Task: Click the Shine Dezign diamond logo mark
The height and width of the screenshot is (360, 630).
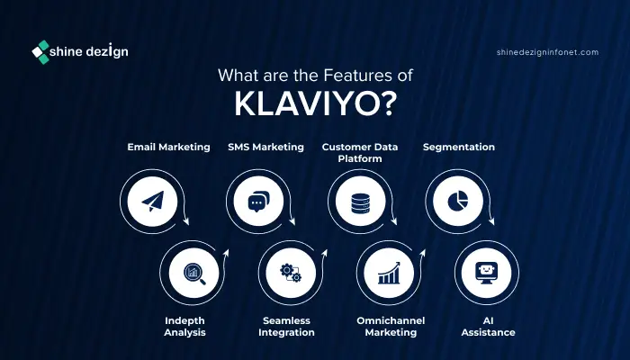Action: pyautogui.click(x=40, y=52)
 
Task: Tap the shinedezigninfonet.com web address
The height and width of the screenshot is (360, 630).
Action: pyautogui.click(x=547, y=52)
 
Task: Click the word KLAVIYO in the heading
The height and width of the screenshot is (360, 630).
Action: pyautogui.click(x=306, y=104)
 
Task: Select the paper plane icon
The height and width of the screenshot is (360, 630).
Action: pyautogui.click(x=153, y=201)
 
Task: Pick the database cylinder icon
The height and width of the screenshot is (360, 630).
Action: pyautogui.click(x=360, y=203)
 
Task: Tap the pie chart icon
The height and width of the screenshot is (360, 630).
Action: pyautogui.click(x=457, y=201)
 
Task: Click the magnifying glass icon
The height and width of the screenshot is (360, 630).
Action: pyautogui.click(x=194, y=274)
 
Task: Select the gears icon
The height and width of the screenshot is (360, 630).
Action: pyautogui.click(x=291, y=273)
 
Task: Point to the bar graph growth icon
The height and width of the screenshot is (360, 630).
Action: pyautogui.click(x=389, y=273)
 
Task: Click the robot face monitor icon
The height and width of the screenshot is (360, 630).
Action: pyautogui.click(x=486, y=273)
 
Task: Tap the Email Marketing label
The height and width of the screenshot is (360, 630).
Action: pyautogui.click(x=169, y=147)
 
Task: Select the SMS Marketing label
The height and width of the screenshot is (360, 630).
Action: pyautogui.click(x=266, y=147)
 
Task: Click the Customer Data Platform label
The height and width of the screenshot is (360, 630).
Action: pyautogui.click(x=360, y=153)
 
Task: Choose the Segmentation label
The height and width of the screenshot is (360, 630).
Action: pyautogui.click(x=459, y=148)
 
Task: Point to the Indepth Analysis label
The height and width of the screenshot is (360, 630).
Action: pyautogui.click(x=184, y=327)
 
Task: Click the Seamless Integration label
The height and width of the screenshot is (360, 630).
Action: pyautogui.click(x=286, y=327)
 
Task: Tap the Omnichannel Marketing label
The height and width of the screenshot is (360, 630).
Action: pyautogui.click(x=391, y=327)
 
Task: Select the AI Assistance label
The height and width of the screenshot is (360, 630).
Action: pyautogui.click(x=488, y=327)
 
